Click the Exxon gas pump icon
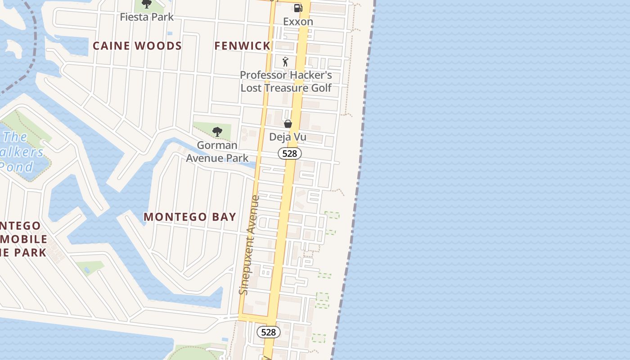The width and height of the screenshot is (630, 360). [298, 8]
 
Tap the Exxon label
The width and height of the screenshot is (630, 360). [298, 22]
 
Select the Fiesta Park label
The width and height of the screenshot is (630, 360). [147, 17]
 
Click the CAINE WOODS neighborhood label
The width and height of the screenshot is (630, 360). [137, 46]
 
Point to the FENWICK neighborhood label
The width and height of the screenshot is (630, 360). [242, 46]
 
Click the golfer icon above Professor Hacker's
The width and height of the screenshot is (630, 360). [285, 62]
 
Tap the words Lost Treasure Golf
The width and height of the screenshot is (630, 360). [286, 88]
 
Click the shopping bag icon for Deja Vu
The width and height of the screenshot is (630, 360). [288, 123]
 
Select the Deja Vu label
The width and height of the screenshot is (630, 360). [288, 136]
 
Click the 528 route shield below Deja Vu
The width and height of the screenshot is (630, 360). [289, 153]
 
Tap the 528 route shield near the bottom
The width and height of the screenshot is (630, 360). [268, 332]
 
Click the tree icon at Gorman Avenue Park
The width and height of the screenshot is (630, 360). [217, 132]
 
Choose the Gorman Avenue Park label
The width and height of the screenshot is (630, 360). [217, 152]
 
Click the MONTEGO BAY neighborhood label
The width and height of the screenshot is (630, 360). [190, 217]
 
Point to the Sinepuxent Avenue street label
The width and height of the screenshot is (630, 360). [250, 245]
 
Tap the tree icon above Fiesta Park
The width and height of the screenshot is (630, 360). [146, 4]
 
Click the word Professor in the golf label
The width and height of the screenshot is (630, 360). [263, 75]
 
